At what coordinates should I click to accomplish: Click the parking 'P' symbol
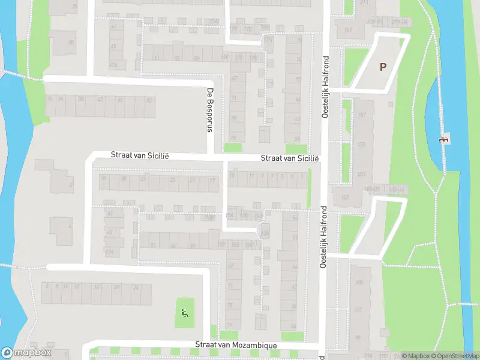(383, 67)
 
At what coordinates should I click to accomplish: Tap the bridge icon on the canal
(444, 139)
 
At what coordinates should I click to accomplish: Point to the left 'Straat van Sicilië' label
(140, 155)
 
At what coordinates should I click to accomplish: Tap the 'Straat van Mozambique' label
(236, 346)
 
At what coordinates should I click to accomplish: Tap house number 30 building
(71, 42)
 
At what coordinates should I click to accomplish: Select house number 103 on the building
(359, 283)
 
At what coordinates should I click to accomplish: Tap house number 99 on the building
(358, 338)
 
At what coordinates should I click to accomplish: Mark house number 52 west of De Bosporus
(149, 100)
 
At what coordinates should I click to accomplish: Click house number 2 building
(71, 185)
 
